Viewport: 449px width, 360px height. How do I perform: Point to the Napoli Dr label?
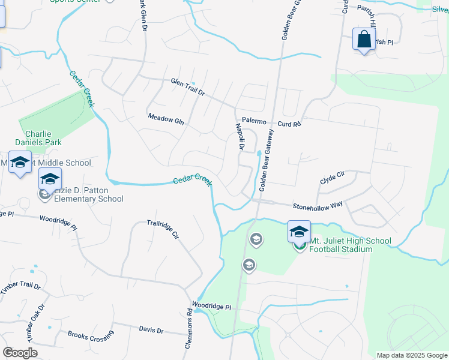(240, 136)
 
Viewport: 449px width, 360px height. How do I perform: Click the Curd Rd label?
(289, 124)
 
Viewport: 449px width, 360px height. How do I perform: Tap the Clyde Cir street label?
(332, 177)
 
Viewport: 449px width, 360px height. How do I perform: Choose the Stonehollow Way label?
(318, 205)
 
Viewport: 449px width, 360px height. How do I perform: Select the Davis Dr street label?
(151, 330)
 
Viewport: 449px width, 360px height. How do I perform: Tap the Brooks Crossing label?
(91, 336)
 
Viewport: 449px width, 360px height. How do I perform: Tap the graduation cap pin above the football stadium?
(299, 231)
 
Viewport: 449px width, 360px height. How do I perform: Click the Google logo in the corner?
(20, 353)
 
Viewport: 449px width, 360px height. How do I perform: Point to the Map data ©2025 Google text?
(411, 355)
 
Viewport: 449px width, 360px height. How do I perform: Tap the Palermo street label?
(253, 120)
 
